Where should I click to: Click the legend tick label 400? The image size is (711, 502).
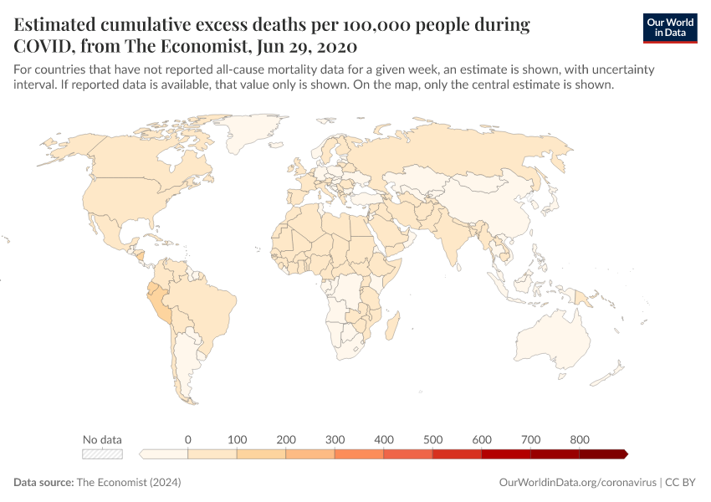coord(383,439)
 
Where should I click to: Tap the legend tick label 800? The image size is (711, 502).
coord(580,439)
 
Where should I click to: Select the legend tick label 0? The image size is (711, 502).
coord(187,439)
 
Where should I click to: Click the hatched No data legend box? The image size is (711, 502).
coord(102,454)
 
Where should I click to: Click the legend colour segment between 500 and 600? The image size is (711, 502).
coord(457,454)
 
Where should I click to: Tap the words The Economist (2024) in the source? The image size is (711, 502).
coord(128,483)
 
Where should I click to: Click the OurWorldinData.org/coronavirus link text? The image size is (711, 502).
coord(576,483)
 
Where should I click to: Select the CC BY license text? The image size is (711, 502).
coord(683,483)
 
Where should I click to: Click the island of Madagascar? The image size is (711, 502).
coord(390,326)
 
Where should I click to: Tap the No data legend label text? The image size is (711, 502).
coord(102,439)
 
